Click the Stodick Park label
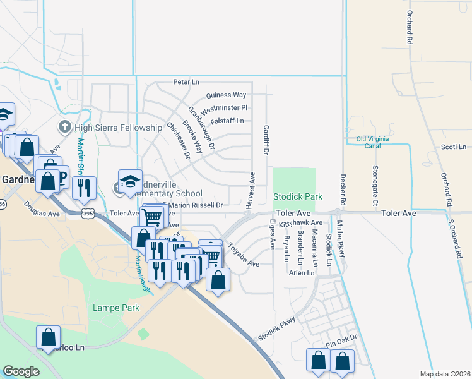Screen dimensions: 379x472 click(298, 197)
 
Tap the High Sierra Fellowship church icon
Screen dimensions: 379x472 click(64, 128)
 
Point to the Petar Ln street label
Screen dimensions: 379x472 click(186, 82)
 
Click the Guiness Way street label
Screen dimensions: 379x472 click(226, 95)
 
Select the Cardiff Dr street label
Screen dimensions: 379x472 click(266, 140)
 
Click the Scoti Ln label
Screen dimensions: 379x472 click(453, 147)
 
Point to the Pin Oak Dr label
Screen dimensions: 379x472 click(341, 344)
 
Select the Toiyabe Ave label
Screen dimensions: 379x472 click(244, 255)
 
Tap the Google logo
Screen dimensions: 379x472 click(21, 371)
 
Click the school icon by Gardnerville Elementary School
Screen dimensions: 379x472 click(130, 181)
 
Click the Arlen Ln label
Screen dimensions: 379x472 click(301, 273)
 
